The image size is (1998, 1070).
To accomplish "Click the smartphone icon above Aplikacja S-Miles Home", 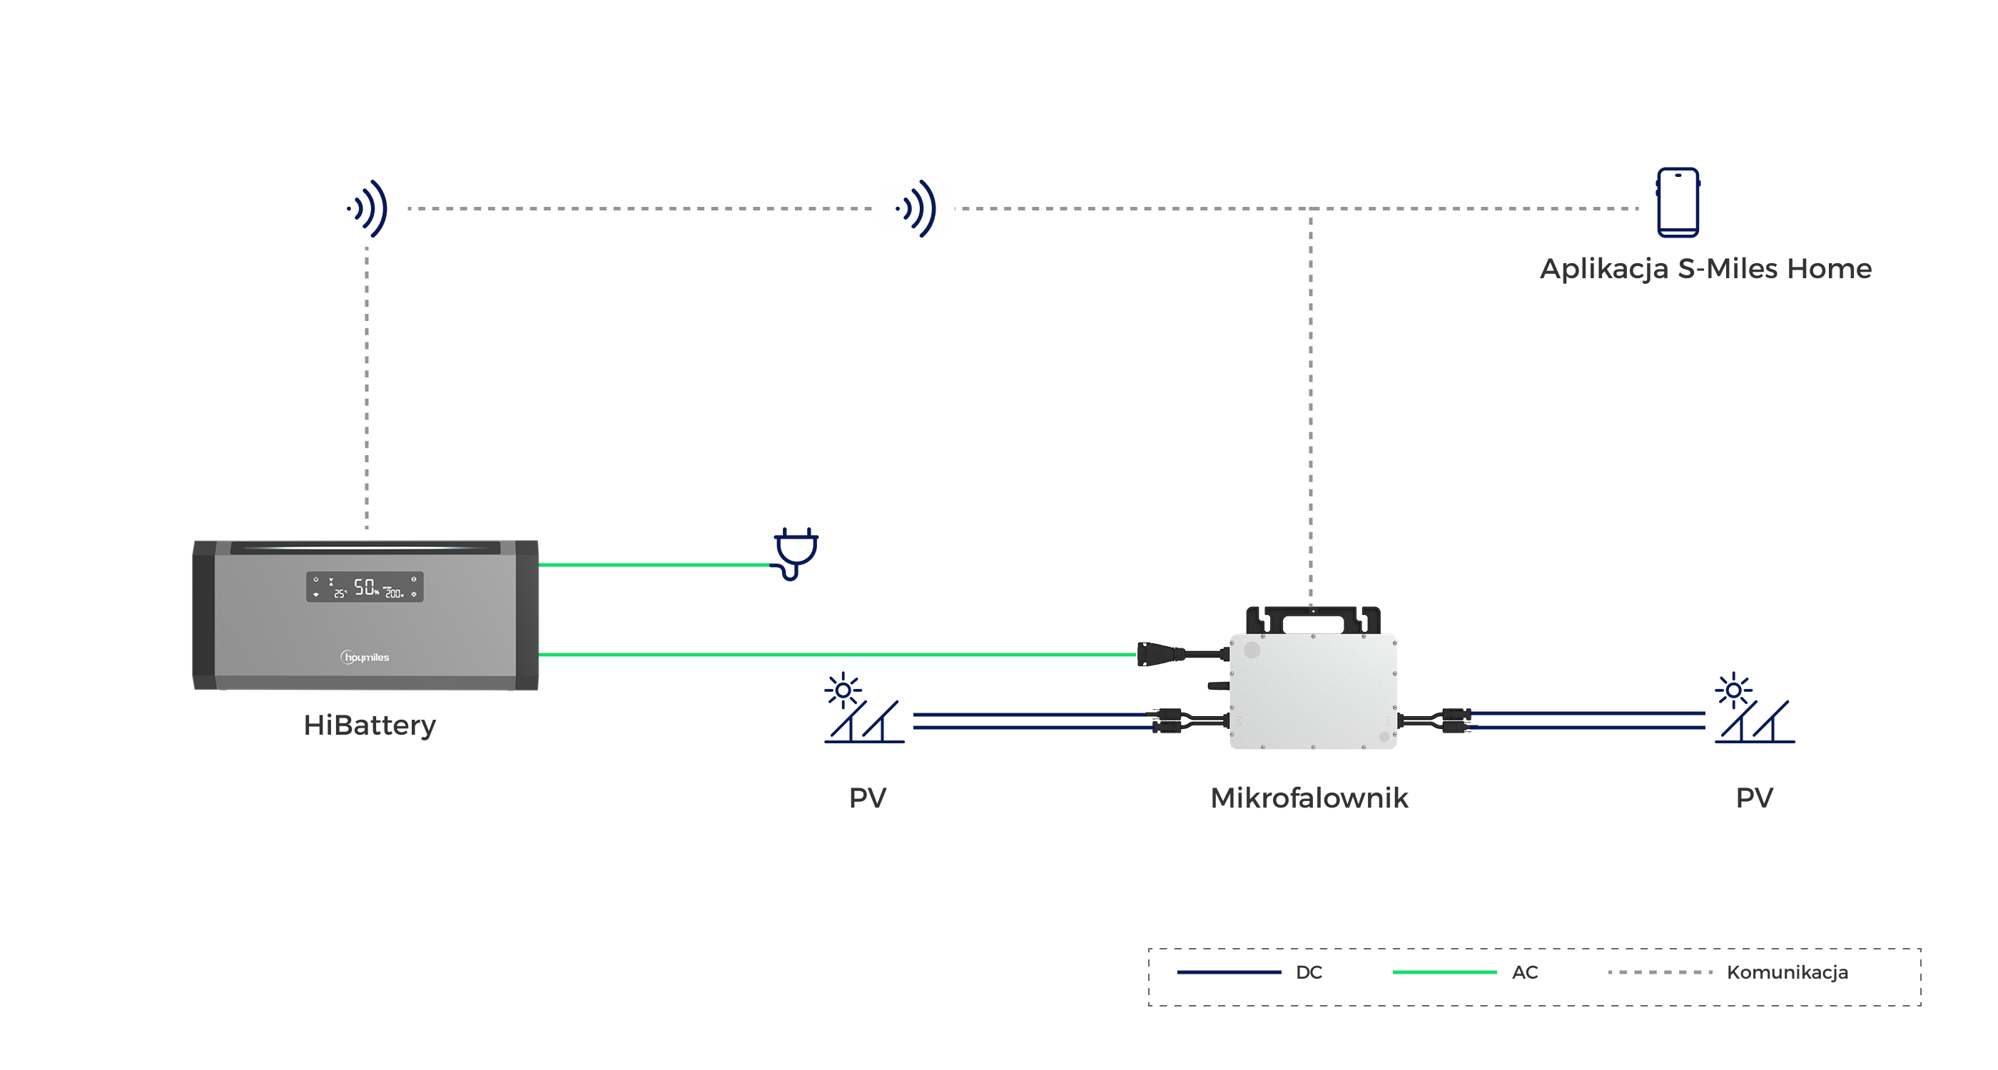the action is click(1678, 203).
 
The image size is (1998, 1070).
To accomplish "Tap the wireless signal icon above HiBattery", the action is click(367, 208).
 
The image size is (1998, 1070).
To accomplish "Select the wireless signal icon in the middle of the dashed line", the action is click(916, 208).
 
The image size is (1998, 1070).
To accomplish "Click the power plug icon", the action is click(795, 554).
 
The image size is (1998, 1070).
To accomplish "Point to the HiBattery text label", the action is click(370, 725).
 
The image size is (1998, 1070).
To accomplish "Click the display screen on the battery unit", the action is click(365, 587).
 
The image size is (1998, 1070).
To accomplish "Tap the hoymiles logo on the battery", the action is click(365, 658).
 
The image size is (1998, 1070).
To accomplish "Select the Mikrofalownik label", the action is click(1309, 798).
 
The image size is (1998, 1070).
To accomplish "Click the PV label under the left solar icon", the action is click(868, 798).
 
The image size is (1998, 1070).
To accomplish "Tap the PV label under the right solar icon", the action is click(1755, 798).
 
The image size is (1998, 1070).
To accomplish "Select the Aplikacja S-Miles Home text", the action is click(1705, 269).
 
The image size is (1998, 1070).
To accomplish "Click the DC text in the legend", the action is click(1309, 972).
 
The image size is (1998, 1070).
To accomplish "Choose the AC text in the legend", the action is click(1525, 972).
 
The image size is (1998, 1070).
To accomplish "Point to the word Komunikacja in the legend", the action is click(1787, 972).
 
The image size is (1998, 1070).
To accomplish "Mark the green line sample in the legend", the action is click(1445, 972).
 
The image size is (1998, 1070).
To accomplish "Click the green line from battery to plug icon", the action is click(654, 565).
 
